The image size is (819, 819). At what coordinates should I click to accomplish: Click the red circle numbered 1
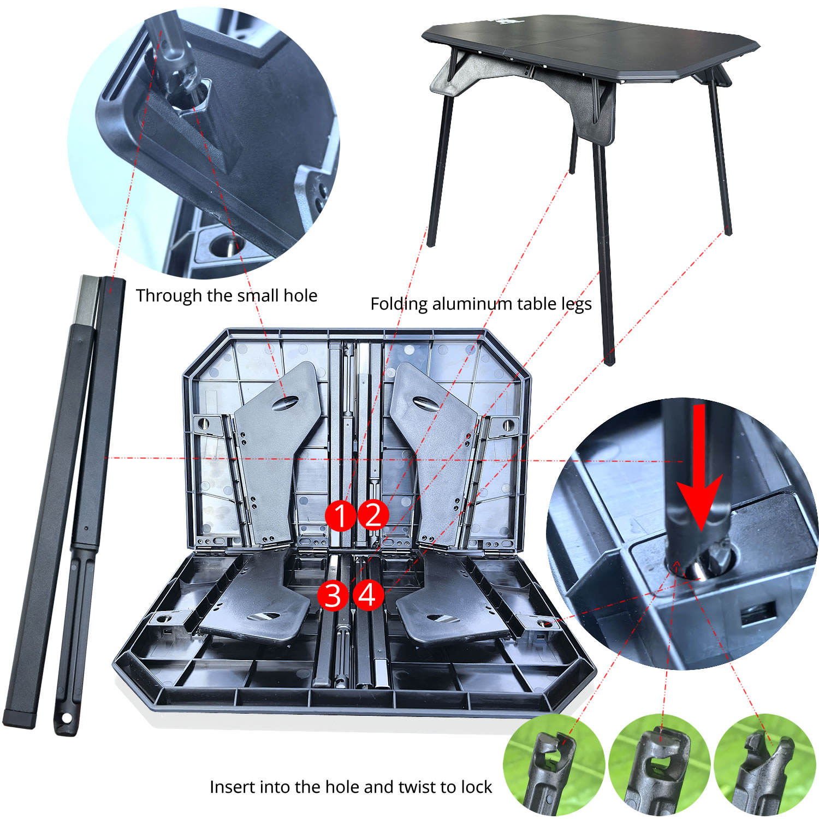[341, 515]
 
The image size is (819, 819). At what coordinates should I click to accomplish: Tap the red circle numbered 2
[373, 514]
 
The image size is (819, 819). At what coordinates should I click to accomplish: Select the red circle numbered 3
[333, 595]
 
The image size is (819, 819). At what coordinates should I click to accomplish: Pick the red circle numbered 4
[367, 595]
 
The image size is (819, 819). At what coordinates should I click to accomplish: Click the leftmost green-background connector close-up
[553, 765]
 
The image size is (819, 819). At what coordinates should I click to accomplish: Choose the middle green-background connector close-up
[659, 765]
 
